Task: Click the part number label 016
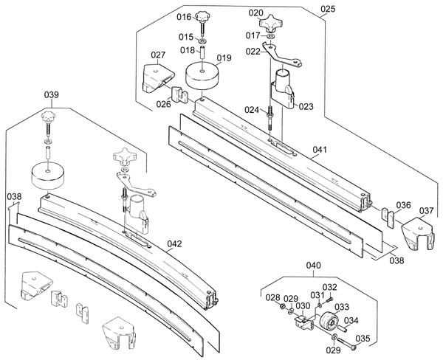[184, 17]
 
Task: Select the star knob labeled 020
[270, 24]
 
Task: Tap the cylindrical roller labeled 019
[202, 76]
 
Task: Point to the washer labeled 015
[202, 41]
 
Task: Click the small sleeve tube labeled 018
[202, 52]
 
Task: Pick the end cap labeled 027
[158, 78]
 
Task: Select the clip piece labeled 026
[179, 95]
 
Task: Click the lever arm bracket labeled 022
[281, 55]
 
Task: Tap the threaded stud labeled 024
[269, 118]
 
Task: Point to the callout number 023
[306, 106]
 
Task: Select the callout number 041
[320, 150]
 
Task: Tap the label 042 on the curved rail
[174, 243]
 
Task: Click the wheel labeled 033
[329, 321]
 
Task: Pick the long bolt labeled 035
[346, 344]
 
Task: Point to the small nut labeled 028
[282, 307]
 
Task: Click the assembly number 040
[313, 266]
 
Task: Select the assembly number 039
[52, 94]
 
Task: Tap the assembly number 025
[328, 9]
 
